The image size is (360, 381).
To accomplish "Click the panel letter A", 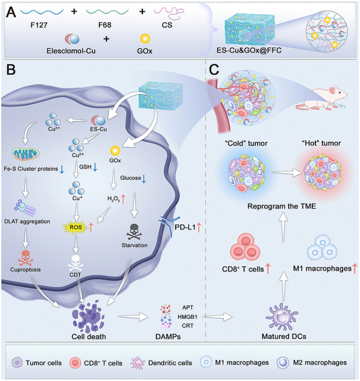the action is click(x=11, y=12).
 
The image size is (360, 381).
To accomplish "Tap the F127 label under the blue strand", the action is click(x=39, y=25).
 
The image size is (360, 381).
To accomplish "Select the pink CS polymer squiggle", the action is click(x=169, y=13).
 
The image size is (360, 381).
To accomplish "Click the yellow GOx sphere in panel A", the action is click(x=145, y=38).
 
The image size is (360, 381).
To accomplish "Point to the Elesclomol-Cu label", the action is click(x=71, y=51).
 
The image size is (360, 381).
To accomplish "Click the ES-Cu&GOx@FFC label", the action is click(x=249, y=50).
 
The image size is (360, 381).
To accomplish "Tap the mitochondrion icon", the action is click(x=25, y=153).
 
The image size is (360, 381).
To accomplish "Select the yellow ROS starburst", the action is click(x=75, y=227).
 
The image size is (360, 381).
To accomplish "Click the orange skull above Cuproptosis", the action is click(x=25, y=258).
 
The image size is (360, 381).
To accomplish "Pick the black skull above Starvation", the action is click(x=134, y=232).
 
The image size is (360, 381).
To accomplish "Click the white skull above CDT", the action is click(x=76, y=263).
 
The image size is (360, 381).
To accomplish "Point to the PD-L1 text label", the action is click(x=185, y=228).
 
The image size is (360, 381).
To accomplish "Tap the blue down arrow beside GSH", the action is click(x=95, y=167).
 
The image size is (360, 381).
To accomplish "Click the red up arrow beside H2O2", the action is click(x=123, y=199).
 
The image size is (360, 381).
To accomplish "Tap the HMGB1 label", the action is click(x=188, y=317).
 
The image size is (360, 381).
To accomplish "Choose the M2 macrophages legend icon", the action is click(x=283, y=363).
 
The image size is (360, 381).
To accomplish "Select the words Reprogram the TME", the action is click(x=282, y=206).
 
